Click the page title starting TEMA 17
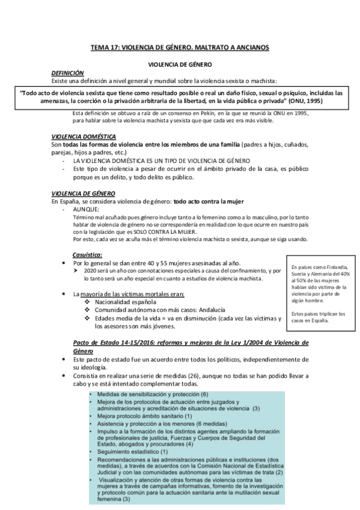tap(180, 46)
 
